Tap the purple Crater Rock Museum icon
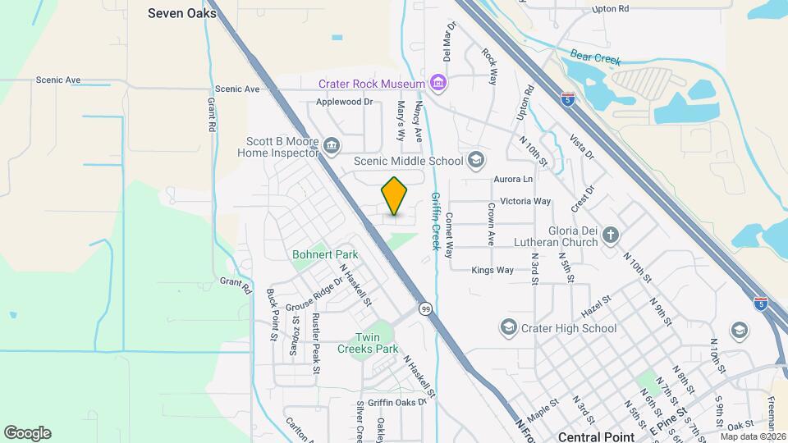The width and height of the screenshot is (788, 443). [438, 83]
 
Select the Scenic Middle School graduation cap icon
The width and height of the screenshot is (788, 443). [475, 160]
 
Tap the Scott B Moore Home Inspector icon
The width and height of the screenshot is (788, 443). [332, 146]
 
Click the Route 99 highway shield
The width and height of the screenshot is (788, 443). [425, 308]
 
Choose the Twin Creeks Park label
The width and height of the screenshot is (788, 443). [366, 343]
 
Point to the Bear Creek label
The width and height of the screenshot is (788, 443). [597, 59]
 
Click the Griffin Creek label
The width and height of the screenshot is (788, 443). [435, 220]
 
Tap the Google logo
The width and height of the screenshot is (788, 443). [27, 432]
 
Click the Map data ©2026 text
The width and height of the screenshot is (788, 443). [754, 436]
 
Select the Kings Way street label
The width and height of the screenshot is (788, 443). [492, 270]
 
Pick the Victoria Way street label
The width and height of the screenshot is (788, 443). [525, 201]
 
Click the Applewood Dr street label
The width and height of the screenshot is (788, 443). [345, 103]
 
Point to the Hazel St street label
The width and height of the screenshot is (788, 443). [597, 303]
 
